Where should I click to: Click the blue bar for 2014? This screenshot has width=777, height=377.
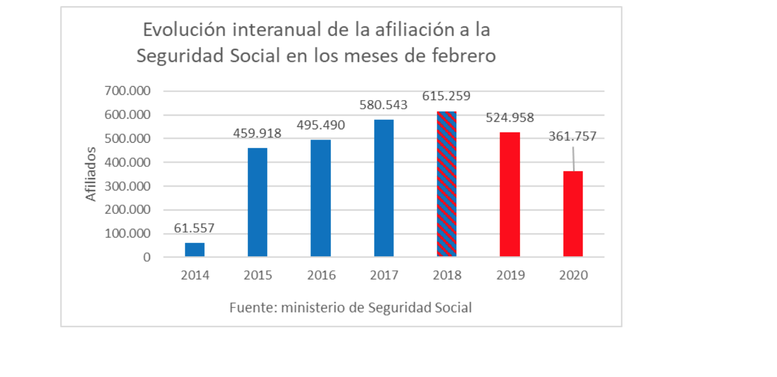195,250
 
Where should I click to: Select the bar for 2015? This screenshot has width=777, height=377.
257,202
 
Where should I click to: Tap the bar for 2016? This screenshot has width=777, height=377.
320,198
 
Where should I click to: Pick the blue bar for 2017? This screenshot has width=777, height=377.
384,188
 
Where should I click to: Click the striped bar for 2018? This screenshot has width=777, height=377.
446,184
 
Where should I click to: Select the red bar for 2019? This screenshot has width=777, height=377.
510,194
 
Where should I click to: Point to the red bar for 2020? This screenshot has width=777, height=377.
573,214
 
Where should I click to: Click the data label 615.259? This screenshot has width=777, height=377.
446,96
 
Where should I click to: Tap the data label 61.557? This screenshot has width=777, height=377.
194,228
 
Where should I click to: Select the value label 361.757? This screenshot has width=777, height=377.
573,136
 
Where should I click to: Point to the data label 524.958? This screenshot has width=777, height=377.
510,118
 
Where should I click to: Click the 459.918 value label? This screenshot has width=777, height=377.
257,133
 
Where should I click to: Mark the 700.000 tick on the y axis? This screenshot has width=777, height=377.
127,91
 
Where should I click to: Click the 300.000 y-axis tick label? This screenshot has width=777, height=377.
127,186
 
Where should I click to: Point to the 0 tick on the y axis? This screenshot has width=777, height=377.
147,258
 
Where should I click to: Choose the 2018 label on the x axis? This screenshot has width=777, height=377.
447,275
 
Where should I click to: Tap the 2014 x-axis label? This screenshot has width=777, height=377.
195,275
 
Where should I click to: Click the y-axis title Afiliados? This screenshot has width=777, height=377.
90,174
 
